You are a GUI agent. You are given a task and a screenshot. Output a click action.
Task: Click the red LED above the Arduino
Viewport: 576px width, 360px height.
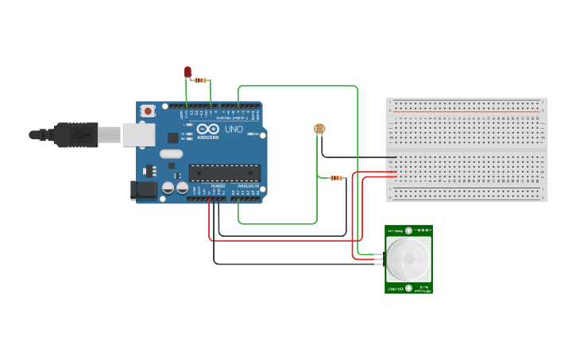(x=188, y=72)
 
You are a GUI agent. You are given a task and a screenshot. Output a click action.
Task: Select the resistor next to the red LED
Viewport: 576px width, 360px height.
(x=201, y=80)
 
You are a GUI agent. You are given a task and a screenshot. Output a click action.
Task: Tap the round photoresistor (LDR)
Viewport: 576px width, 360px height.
(x=319, y=128)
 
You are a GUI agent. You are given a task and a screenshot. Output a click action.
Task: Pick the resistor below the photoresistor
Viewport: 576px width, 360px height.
(x=337, y=178)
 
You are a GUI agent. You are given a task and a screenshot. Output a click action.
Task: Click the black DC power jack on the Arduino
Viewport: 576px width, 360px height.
(x=141, y=190)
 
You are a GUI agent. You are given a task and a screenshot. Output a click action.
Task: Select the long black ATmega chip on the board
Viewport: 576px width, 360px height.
(x=225, y=172)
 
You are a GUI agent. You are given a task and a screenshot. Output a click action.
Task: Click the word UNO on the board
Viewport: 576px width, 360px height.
(x=234, y=130)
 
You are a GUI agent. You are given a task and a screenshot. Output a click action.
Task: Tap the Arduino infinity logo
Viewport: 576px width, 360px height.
(x=208, y=130)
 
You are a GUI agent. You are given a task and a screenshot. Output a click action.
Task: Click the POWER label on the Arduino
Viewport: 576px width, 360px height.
(x=218, y=185)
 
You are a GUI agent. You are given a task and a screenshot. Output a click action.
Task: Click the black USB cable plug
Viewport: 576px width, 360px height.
(x=75, y=134)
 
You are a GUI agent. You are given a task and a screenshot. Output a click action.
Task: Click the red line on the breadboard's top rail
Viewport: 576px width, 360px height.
(x=466, y=112)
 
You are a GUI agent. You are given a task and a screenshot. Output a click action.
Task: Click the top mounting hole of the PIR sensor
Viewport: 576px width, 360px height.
(x=409, y=231)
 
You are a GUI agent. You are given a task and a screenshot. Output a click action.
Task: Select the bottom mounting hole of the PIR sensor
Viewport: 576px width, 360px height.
(x=409, y=287)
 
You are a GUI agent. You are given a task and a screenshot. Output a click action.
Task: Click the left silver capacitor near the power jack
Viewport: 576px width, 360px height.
(x=168, y=188)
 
